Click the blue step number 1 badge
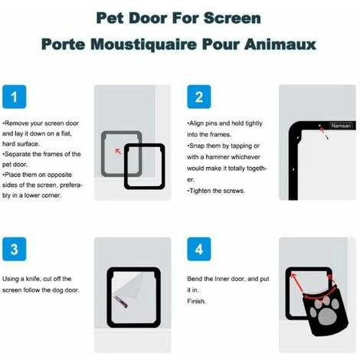[x=15, y=97]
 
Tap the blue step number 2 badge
[x=199, y=97]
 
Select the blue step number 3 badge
[x=15, y=249]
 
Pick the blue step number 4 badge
[x=199, y=249]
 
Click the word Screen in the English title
[x=232, y=18]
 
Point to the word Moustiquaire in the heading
[x=143, y=44]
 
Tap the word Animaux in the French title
[x=280, y=44]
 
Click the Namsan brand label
[x=341, y=126]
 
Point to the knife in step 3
[x=121, y=302]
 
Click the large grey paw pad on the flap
[x=326, y=317]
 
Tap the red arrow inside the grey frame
[x=118, y=151]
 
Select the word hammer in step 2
[x=217, y=157]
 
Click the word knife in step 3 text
[x=33, y=279]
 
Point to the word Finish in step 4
[x=196, y=301]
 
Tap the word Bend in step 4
[x=195, y=279]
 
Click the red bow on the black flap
[x=326, y=299]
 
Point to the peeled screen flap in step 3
[x=129, y=286]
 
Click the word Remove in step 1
[x=17, y=123]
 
